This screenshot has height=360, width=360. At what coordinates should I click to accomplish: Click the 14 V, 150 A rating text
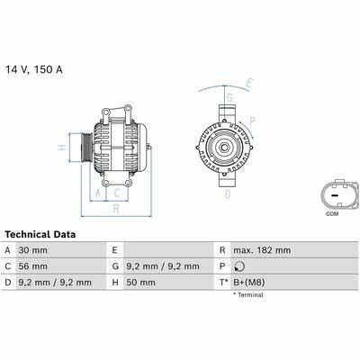(34, 69)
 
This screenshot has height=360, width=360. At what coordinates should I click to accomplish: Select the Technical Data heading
(40, 234)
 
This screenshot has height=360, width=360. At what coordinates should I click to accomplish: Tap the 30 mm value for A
(33, 250)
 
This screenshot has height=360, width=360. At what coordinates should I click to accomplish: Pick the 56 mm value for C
(33, 266)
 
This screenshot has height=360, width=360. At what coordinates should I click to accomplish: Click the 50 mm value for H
(140, 283)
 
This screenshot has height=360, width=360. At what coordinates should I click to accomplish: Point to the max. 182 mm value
(262, 250)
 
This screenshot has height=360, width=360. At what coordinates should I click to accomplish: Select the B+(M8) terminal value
(248, 283)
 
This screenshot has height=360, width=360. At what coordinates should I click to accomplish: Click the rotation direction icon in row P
(239, 266)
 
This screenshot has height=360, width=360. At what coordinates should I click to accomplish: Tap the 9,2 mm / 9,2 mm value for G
(163, 266)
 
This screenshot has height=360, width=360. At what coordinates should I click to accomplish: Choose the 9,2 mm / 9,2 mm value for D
(55, 283)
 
